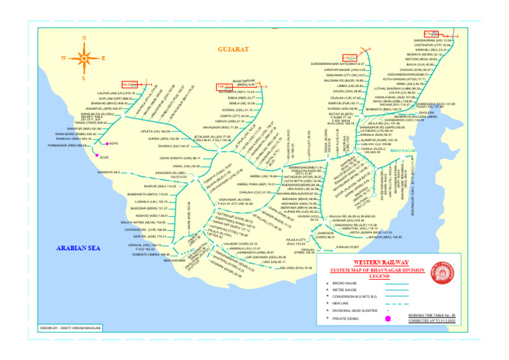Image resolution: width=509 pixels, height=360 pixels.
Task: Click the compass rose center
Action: tap(82, 57)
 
